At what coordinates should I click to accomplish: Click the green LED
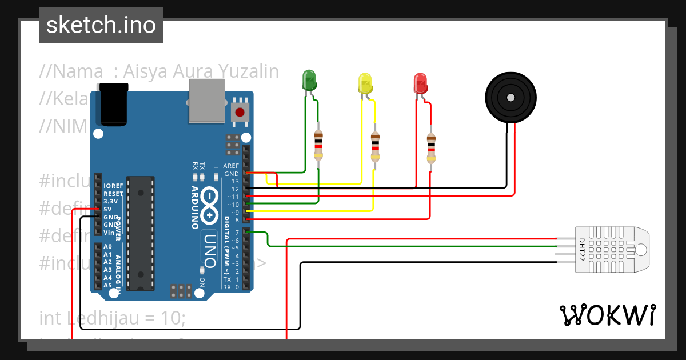point(309,80)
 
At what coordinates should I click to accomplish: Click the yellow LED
point(365,83)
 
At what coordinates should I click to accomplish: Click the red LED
point(420,83)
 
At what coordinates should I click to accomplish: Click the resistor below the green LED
point(318,145)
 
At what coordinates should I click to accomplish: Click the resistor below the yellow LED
point(375,146)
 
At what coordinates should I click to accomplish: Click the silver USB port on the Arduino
point(207,101)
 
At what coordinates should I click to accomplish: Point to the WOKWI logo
point(607,315)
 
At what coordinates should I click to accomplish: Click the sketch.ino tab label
point(101,25)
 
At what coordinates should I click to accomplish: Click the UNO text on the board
point(210,251)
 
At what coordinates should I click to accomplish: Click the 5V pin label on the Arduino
point(107,209)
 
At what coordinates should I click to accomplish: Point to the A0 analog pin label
point(107,247)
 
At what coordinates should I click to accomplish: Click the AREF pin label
point(231,166)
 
